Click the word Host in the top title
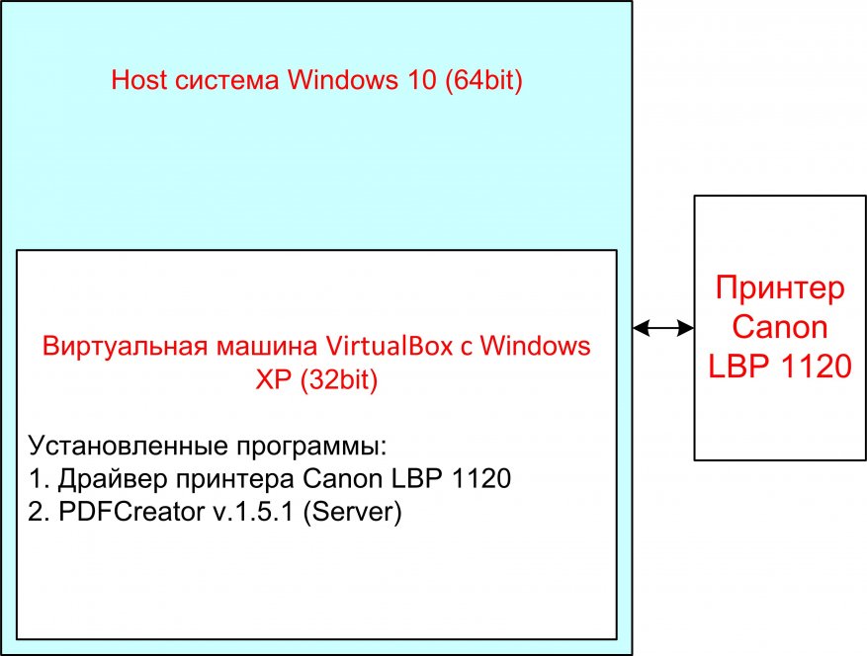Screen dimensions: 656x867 pyautogui.click(x=137, y=81)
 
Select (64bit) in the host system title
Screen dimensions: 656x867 pyautogui.click(x=482, y=81)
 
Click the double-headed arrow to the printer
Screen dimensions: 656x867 pyautogui.click(x=663, y=328)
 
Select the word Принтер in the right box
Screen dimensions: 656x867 pyautogui.click(x=781, y=289)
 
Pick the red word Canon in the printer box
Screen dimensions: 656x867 pyautogui.click(x=781, y=327)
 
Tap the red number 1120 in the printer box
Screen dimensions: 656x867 pyautogui.click(x=814, y=366)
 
